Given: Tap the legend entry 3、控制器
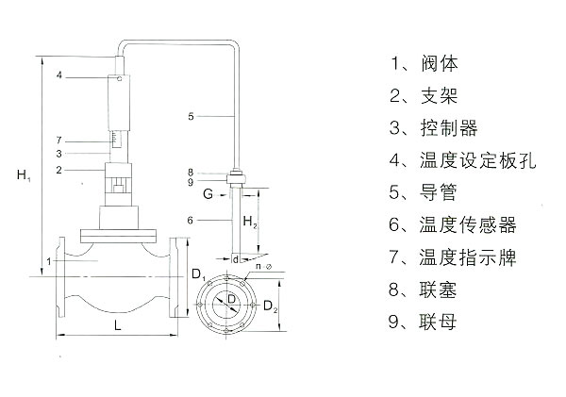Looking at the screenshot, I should (429, 128).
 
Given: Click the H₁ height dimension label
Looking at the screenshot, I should (25, 175).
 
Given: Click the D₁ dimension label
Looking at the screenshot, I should (197, 275).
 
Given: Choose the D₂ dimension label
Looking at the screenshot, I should (271, 306).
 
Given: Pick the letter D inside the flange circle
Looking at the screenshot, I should (231, 299).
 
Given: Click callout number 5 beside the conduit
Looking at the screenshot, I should (191, 116).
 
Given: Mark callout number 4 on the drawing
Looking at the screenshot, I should (58, 74).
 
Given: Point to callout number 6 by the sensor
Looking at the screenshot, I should (191, 220).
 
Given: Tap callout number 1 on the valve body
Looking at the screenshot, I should (49, 260).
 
